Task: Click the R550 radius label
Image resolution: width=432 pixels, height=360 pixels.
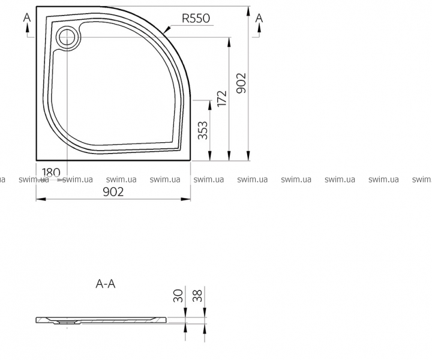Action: pos(196,19)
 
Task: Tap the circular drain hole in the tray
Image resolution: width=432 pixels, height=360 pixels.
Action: pos(67,37)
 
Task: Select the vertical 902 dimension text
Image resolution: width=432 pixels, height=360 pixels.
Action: pos(241,83)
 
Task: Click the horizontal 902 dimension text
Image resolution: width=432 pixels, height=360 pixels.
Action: pos(113,192)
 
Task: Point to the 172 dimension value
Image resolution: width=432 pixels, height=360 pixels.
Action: pos(221,98)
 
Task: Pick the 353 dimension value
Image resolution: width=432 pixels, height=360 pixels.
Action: pos(203,130)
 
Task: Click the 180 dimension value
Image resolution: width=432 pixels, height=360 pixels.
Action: pos(51,173)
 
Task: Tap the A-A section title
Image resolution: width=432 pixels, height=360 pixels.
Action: pos(106,284)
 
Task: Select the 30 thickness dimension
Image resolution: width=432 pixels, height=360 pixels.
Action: pos(178,296)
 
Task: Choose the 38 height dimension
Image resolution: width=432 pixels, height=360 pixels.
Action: pos(197,296)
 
